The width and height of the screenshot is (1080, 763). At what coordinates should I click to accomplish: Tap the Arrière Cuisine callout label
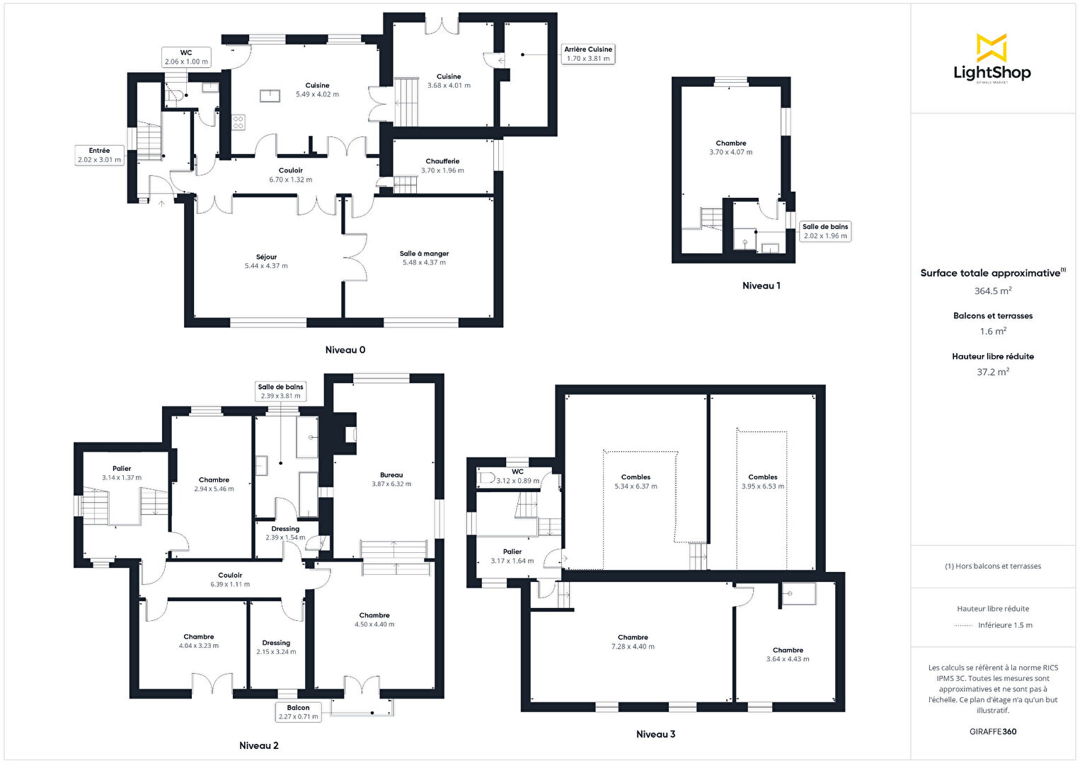(587, 54)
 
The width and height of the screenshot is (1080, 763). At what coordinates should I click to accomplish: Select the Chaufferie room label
(442, 161)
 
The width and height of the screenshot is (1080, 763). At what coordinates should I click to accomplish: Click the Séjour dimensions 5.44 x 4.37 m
(266, 266)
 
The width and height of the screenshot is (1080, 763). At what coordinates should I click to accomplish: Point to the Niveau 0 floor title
(345, 350)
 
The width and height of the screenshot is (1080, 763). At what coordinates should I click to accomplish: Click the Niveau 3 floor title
(655, 734)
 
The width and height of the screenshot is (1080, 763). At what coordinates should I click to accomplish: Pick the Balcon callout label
(298, 712)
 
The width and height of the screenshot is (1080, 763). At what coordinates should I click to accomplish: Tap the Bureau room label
(391, 475)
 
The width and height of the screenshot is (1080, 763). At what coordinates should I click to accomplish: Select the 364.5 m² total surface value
(993, 291)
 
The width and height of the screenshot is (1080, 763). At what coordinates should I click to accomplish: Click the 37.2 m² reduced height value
(993, 372)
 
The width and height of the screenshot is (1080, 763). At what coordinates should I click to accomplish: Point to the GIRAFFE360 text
(993, 731)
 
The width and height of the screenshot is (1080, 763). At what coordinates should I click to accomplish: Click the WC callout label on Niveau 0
(186, 57)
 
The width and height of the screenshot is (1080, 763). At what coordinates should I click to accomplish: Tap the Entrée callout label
(99, 155)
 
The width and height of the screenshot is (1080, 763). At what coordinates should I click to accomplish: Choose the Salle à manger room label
(424, 254)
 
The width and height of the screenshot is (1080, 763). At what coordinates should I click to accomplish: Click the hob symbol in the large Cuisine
(239, 122)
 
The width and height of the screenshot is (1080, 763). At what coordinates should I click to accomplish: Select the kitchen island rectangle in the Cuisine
(270, 96)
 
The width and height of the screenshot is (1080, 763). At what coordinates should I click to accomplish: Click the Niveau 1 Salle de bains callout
(825, 231)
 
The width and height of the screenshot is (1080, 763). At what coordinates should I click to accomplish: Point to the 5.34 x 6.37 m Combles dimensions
(636, 487)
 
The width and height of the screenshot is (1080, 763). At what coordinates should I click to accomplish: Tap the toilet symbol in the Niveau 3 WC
(486, 478)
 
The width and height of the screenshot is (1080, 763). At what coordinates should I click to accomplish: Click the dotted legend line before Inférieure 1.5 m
(963, 626)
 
